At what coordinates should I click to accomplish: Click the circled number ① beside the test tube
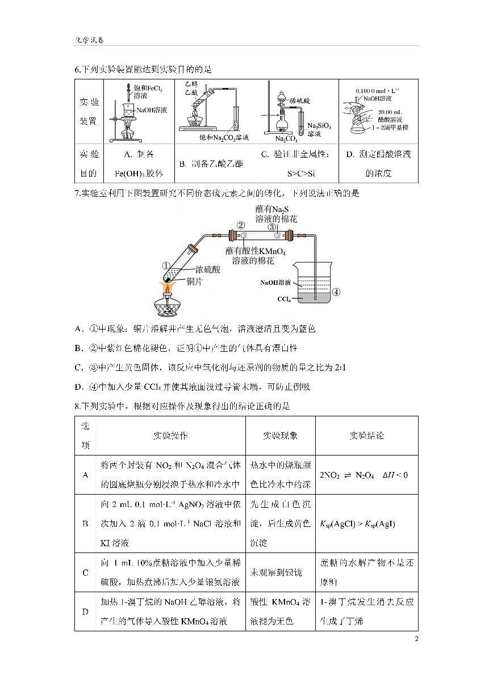166,265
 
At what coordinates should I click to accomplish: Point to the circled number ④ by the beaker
336,292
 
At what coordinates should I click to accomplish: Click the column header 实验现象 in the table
280,436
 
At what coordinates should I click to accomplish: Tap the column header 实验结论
366,436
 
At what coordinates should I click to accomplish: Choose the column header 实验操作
170,436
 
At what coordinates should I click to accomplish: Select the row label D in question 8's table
85,611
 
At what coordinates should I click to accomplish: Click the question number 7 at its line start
77,193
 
